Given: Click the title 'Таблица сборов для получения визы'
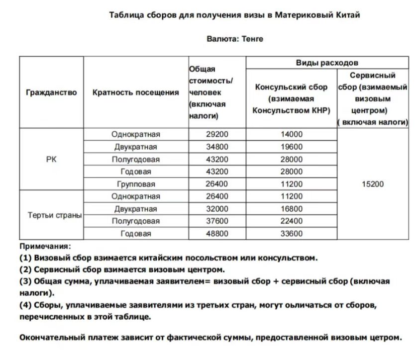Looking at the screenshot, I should tap(234, 15).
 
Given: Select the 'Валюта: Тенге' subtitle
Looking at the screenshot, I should tap(234, 39).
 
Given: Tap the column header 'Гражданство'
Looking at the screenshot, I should tap(51, 92).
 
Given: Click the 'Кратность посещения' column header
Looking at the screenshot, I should tap(136, 92).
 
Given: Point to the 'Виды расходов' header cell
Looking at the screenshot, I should tap(327, 63).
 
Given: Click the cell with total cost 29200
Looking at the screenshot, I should tap(217, 134).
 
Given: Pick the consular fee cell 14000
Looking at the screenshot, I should tap(291, 134).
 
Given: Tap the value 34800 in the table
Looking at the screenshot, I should tap(217, 147).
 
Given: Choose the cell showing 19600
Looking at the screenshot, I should tap(291, 147).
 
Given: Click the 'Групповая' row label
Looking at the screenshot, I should tap(136, 184).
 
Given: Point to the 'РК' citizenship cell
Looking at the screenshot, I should tap(51, 159).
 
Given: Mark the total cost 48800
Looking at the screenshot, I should tap(217, 233).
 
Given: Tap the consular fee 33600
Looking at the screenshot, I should tap(291, 233).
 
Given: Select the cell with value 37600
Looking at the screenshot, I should tap(217, 221).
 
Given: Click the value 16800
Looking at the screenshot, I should tap(291, 209).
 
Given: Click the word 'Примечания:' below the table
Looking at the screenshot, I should tap(45, 246).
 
